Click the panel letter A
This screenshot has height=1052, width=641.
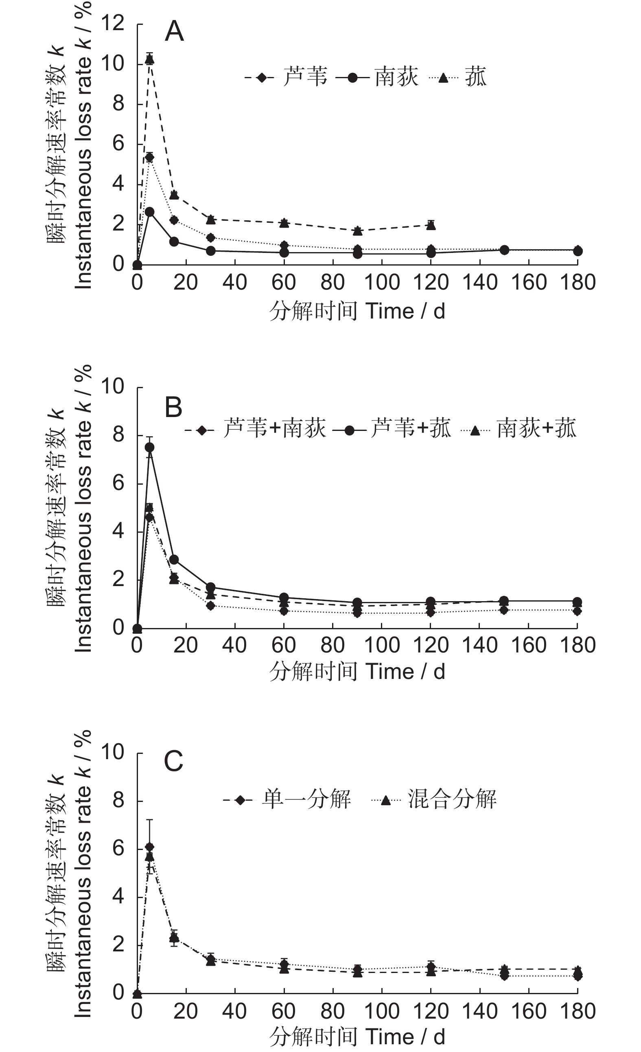click(x=174, y=32)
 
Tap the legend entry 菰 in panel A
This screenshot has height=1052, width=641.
click(x=475, y=77)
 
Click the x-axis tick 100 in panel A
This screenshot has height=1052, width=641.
click(x=382, y=283)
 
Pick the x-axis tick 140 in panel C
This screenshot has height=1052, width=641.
click(x=480, y=1011)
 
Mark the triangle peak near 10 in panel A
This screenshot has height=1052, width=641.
click(x=149, y=59)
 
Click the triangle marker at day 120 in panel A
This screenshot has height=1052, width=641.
click(x=431, y=225)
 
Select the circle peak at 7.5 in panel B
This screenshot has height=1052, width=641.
click(x=149, y=447)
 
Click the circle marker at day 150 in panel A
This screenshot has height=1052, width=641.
click(x=504, y=250)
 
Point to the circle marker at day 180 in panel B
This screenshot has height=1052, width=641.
click(x=577, y=601)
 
